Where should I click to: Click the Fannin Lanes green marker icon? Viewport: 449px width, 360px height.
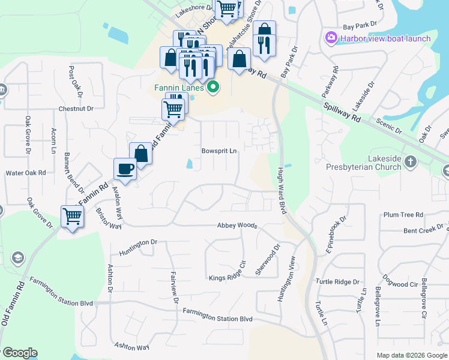point(212,88)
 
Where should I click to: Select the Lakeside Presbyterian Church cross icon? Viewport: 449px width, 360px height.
point(411,161)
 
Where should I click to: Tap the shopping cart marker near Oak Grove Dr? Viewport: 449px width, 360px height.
point(73,215)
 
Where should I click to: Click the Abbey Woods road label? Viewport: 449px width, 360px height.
point(237,226)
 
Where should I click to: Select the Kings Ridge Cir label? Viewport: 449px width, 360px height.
point(228,278)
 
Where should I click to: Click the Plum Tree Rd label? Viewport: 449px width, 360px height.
point(403,214)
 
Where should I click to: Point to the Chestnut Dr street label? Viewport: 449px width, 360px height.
point(76,109)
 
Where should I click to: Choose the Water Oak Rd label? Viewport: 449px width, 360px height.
point(26,173)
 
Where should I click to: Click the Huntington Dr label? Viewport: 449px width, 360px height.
point(137,243)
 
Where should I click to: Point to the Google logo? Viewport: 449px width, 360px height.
point(19,353)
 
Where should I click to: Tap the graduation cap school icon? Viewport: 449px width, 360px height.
point(17,258)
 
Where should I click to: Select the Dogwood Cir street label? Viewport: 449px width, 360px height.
point(396,284)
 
